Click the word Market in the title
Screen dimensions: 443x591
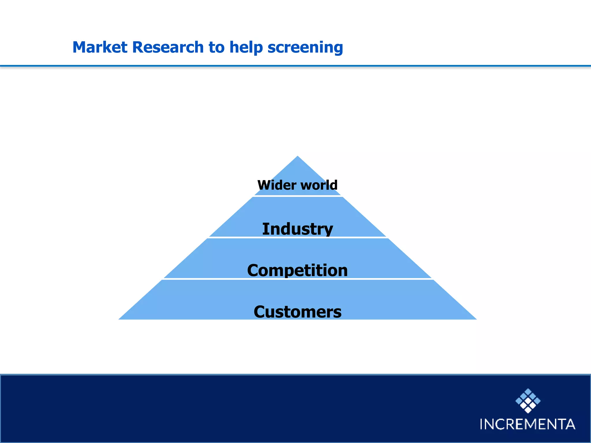100,47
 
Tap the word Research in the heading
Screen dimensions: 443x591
168,47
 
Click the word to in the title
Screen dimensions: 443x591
216,48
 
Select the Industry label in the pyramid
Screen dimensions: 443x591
298,229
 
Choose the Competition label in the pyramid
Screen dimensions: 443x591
298,270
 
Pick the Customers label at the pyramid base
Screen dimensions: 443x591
298,312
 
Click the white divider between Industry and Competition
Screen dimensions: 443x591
298,237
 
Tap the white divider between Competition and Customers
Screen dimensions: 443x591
298,279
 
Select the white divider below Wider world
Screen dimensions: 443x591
298,196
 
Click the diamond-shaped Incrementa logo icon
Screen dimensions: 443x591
528,401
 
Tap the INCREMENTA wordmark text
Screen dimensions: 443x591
528,424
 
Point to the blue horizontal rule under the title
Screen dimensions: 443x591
295,66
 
